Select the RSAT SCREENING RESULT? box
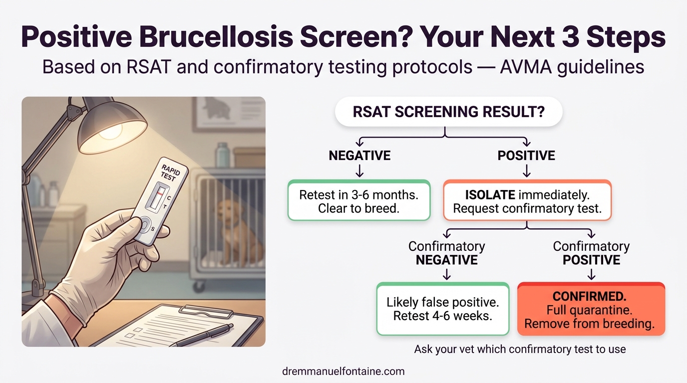(x=448, y=112)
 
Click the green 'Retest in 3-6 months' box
(x=358, y=201)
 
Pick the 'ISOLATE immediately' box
(x=527, y=201)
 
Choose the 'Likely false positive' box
(x=442, y=309)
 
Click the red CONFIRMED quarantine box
(x=591, y=310)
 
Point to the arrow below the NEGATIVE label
(x=359, y=172)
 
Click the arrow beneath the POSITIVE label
(x=527, y=172)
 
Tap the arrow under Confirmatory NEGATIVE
(x=447, y=274)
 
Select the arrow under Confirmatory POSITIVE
(x=591, y=274)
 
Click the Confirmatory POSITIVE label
(x=591, y=253)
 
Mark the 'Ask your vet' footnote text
(x=520, y=349)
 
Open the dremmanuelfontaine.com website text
(x=343, y=371)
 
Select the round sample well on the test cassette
(x=144, y=225)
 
